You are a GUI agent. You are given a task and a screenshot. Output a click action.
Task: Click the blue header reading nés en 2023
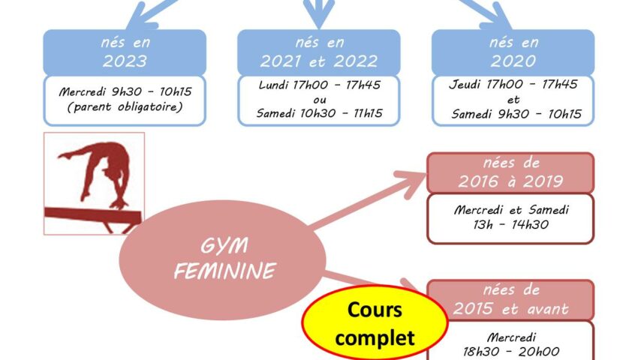coord(125,52)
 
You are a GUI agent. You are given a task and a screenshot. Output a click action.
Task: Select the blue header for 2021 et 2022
coord(318,52)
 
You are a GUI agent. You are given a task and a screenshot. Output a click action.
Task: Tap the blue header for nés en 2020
coord(513,52)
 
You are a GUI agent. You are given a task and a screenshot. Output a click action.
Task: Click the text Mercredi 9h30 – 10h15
coord(125,91)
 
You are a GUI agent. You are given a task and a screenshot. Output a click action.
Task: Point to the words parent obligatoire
coord(125,107)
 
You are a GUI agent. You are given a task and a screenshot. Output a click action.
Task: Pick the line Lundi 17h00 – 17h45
coord(320,85)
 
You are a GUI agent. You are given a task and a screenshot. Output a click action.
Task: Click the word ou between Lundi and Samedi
coord(320,100)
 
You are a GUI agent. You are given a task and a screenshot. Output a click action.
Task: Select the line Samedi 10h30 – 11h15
coord(320,113)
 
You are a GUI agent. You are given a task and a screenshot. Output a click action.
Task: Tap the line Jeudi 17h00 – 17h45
coord(513,84)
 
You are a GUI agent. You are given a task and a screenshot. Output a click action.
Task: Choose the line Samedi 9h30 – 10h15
coord(516,114)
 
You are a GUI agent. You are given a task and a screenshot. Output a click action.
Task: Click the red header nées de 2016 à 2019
coord(510,173)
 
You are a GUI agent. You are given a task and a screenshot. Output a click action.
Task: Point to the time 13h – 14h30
coord(510,224)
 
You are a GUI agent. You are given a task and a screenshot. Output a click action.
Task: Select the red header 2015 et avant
coord(510,301)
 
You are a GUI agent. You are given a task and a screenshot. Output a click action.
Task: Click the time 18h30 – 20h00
coord(511,352)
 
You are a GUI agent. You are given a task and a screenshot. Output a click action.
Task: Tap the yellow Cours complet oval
coord(375,323)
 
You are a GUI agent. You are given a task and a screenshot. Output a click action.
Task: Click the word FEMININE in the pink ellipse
coord(225,271)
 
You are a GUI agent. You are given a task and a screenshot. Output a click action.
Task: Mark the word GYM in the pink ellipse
coord(224,246)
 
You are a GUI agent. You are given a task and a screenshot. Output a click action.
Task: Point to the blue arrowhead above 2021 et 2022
coord(319,14)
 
